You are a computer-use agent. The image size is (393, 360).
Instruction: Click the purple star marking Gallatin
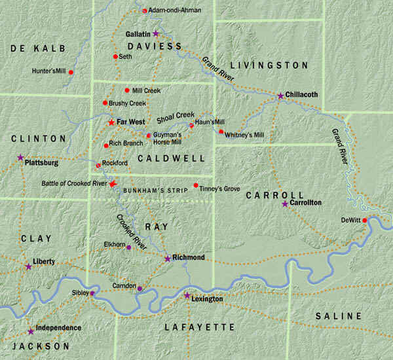(156, 33)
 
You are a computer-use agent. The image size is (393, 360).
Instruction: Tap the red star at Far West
(111, 122)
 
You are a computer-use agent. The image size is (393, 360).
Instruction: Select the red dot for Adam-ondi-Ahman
(144, 10)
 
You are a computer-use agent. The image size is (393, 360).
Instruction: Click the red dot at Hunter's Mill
(70, 71)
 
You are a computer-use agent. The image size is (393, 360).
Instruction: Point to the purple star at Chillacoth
(280, 96)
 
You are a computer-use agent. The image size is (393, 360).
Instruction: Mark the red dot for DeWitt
(365, 221)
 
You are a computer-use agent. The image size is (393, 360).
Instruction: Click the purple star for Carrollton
(284, 204)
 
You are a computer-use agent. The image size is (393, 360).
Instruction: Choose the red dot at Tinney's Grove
(196, 186)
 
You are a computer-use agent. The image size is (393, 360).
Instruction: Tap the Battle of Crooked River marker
(113, 184)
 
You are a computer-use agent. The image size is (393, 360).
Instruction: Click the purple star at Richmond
(167, 259)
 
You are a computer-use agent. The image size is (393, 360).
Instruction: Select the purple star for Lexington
(187, 296)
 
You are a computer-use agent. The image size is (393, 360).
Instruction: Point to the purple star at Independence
(30, 331)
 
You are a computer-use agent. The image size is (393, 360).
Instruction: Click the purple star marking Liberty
(28, 266)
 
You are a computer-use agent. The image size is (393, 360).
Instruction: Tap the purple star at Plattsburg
(20, 158)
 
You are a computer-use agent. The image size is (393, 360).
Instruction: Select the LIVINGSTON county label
(269, 65)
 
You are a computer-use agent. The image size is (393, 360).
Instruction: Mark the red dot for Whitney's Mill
(221, 132)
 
